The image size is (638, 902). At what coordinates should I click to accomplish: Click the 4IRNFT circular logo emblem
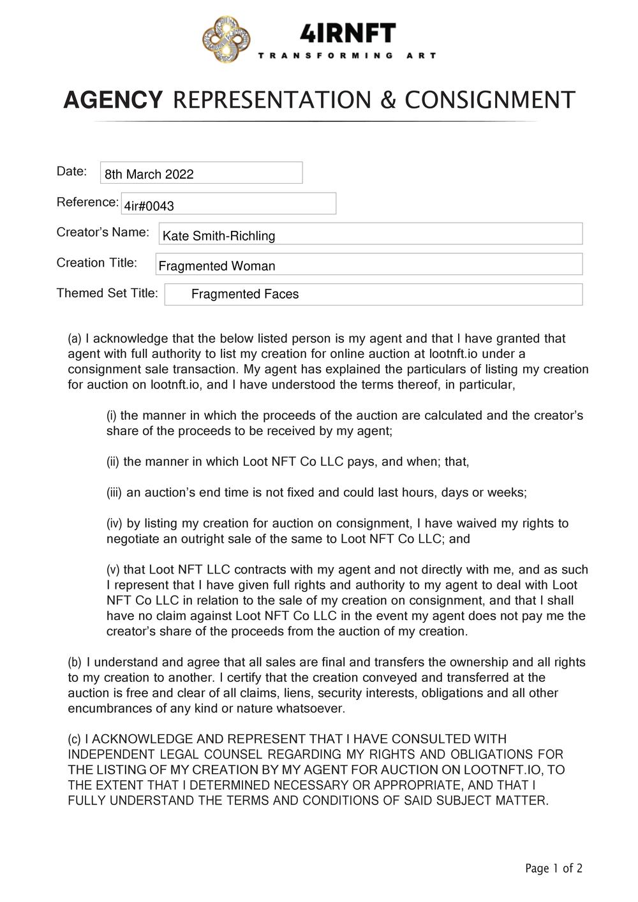click(226, 40)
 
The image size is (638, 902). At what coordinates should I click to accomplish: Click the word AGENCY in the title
click(113, 101)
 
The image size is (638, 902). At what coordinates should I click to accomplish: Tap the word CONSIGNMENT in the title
click(490, 101)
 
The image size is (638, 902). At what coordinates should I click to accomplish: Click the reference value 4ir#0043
click(149, 206)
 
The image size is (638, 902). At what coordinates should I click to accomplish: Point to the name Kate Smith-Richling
click(219, 236)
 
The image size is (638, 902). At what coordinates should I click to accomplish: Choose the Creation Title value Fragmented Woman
click(217, 266)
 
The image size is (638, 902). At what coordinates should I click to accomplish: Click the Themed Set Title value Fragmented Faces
click(245, 294)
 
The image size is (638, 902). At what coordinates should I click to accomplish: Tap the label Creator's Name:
click(103, 232)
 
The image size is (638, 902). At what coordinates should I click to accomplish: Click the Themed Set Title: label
click(107, 293)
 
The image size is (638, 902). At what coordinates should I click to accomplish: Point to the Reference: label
click(87, 202)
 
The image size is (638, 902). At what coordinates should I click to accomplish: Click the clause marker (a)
click(75, 339)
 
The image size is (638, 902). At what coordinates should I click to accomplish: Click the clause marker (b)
click(75, 662)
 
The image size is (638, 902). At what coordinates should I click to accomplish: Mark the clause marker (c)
click(75, 739)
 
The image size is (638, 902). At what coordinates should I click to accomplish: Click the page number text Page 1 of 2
click(554, 868)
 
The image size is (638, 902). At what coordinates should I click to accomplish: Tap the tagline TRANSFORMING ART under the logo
click(347, 55)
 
